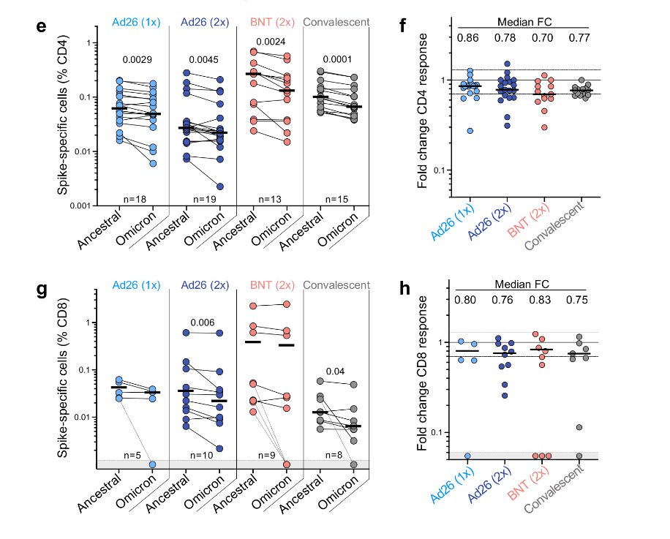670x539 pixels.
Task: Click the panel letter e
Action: pyautogui.click(x=41, y=27)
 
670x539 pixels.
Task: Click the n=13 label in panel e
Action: pyautogui.click(x=270, y=198)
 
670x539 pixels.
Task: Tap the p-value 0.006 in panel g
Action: pyautogui.click(x=202, y=323)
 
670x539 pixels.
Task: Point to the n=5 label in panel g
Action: pyautogui.click(x=132, y=456)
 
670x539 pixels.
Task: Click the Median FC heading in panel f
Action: pyautogui.click(x=524, y=22)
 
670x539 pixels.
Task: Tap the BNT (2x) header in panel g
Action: pyautogui.click(x=270, y=285)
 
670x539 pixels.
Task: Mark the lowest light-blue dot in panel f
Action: pyautogui.click(x=470, y=130)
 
